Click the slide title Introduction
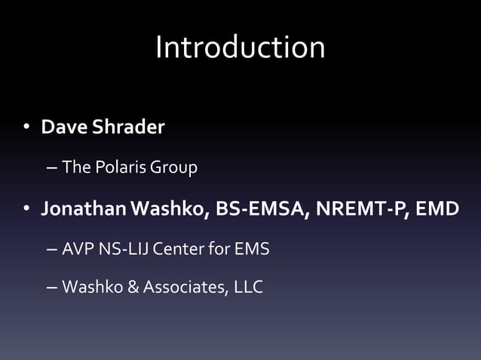[x=240, y=47]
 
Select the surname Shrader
[x=127, y=127]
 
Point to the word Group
[x=173, y=167]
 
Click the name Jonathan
[x=83, y=208]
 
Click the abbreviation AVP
[x=78, y=248]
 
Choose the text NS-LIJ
[x=124, y=248]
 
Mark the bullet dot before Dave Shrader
[x=26, y=128]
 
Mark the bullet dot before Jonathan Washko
[x=26, y=209]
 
